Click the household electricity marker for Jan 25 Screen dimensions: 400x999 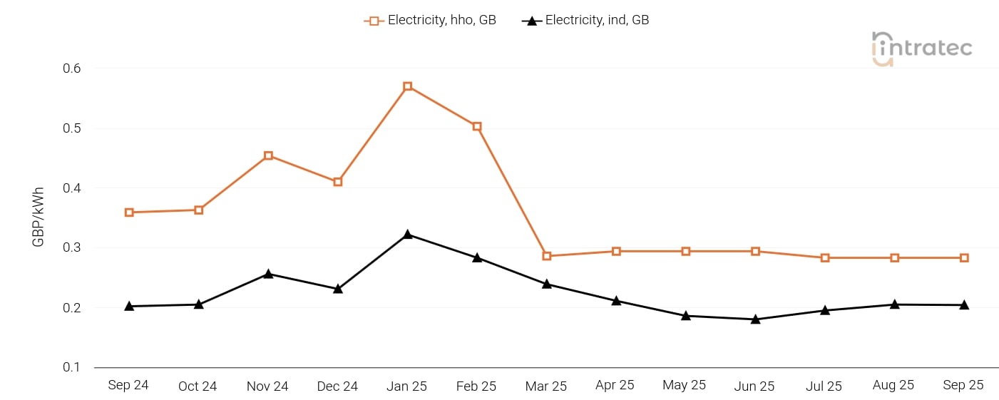408,86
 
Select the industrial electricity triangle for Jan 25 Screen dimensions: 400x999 408,235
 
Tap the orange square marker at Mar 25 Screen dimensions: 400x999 547,256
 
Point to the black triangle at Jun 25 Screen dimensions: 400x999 755,319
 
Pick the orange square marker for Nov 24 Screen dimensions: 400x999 268,155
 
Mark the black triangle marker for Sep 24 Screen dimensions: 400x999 129,306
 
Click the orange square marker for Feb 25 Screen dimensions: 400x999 477,126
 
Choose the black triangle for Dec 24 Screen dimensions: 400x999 338,289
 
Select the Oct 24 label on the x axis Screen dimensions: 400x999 198,386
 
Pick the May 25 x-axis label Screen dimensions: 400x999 685,385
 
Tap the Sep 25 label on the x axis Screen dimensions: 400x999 963,385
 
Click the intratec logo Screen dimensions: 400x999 922,48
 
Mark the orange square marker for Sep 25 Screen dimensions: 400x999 964,257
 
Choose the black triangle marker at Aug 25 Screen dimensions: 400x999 894,304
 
